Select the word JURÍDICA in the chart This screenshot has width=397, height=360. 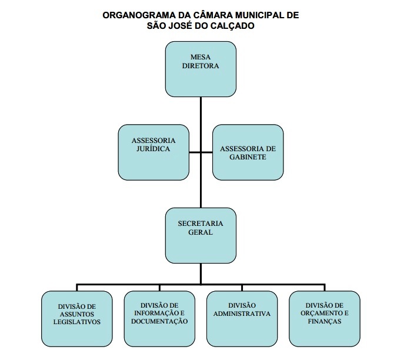pos(153,150)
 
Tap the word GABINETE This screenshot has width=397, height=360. pos(247,158)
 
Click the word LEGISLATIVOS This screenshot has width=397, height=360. pos(77,322)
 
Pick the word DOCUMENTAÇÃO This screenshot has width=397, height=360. pos(159,322)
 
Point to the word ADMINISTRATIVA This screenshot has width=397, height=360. pos(242,314)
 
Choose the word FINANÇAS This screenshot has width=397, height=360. pos(324,322)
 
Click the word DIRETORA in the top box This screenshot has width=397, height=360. pos(201,66)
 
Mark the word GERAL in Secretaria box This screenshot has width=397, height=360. pos(201,232)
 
